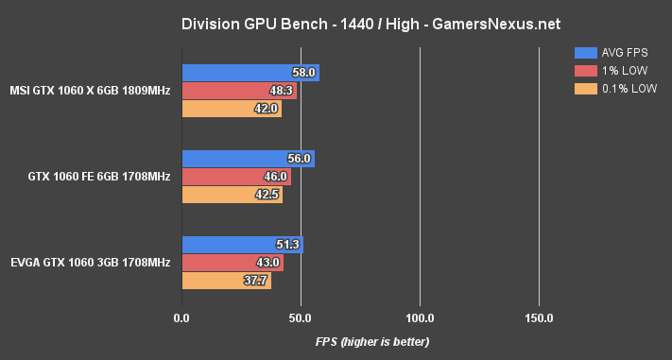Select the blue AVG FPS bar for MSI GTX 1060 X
pos(250,73)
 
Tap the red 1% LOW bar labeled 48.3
pos(239,91)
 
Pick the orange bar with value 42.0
pos(232,109)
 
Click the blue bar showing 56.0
pos(248,159)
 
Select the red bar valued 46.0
pos(236,177)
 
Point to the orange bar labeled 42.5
pos(232,195)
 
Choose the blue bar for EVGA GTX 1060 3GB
pos(242,245)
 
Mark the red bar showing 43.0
pos(233,263)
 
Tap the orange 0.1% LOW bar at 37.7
pos(226,281)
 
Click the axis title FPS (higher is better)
pos(372,341)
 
